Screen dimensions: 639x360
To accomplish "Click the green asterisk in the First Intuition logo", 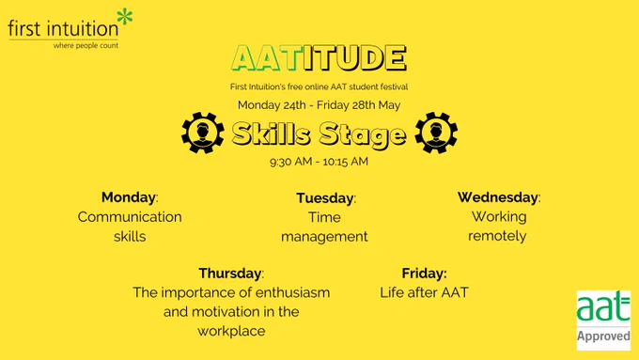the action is pos(125,17).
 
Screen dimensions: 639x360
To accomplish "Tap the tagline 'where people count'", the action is pos(86,46).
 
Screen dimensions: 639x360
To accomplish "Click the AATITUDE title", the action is pos(319,58).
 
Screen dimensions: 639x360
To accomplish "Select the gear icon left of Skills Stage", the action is pos(203,133).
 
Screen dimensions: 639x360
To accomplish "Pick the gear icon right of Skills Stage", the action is pos(436,133).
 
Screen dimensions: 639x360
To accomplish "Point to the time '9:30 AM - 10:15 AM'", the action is pos(319,162).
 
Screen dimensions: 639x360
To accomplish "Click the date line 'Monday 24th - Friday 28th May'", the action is pos(319,105).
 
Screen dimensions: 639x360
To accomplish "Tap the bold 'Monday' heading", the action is pos(129,197).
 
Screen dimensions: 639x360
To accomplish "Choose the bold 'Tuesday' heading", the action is pos(325,198).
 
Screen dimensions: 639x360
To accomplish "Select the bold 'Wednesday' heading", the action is pos(498,197).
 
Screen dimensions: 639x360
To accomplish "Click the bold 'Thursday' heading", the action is pos(230,274).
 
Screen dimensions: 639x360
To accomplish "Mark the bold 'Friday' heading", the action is pos(424,274).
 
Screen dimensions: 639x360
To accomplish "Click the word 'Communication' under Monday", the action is pos(130,217).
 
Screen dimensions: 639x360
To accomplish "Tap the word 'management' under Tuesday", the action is pos(324,237).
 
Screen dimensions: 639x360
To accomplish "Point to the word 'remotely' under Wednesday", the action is pos(497,236).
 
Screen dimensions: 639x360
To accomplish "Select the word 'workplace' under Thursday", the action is pos(231,331).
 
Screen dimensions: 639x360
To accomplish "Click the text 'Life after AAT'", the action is pos(424,292).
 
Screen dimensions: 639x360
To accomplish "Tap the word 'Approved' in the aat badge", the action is pos(603,337).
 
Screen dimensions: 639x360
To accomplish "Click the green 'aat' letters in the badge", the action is pos(603,306).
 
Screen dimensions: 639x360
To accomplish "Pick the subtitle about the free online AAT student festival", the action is pos(319,86).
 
